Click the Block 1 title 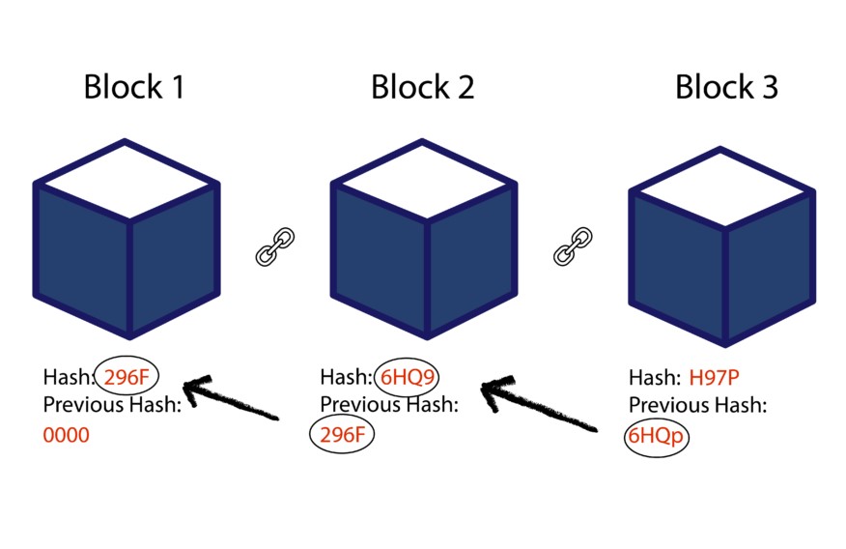133,87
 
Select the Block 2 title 422,87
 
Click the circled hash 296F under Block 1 127,377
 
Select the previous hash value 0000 67,436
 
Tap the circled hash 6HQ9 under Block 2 406,377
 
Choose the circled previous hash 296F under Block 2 342,435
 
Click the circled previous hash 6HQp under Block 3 656,436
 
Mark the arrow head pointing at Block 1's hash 193,390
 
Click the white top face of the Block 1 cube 126,179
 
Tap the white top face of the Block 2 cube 423,179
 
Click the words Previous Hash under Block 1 112,405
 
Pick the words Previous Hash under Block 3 697,405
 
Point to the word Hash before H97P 653,377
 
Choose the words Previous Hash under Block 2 389,404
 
